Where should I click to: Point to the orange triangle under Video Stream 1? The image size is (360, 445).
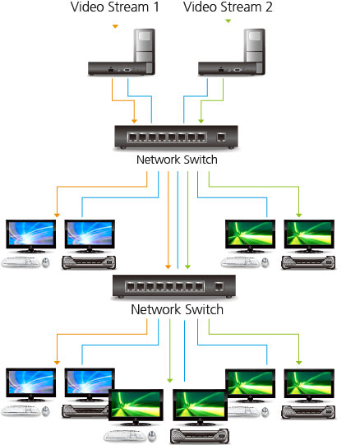pyautogui.click(x=115, y=27)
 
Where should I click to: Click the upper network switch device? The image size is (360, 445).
pyautogui.click(x=178, y=136)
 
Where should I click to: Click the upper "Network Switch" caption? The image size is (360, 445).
pyautogui.click(x=178, y=159)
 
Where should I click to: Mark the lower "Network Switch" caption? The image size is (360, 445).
pyautogui.click(x=178, y=310)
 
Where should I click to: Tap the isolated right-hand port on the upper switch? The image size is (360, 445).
pyautogui.click(x=221, y=137)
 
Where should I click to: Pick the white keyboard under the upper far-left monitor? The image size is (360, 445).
pyautogui.click(x=21, y=263)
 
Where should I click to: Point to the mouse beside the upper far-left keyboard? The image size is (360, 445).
pyautogui.click(x=45, y=264)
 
